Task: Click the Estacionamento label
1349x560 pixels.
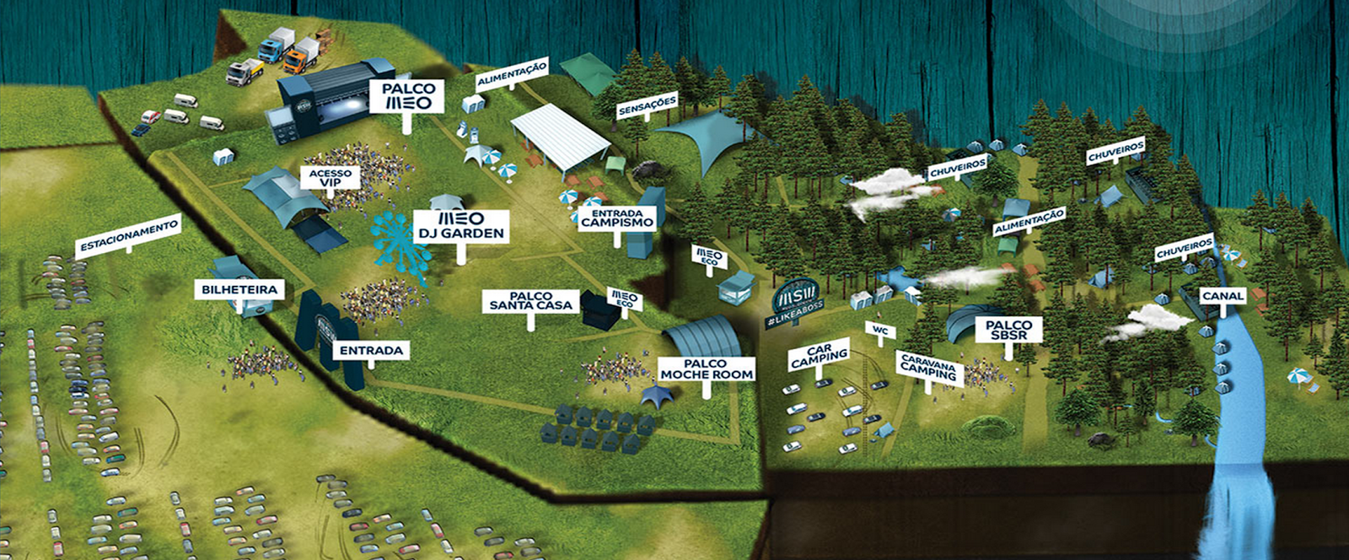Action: tap(128, 235)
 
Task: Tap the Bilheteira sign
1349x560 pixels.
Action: tap(239, 289)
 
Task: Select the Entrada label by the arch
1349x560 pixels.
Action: tap(372, 350)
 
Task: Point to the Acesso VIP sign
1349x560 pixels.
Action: tap(330, 177)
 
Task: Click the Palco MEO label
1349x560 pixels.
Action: tap(408, 96)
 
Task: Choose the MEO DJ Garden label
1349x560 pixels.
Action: tap(460, 226)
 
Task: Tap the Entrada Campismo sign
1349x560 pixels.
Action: tap(616, 218)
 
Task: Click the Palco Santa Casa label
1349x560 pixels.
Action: tap(531, 301)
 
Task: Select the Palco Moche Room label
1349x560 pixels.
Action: tap(707, 369)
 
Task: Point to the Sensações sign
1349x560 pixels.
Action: tap(648, 106)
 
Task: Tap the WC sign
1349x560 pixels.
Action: tap(880, 330)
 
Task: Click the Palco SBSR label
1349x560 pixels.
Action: tap(1008, 330)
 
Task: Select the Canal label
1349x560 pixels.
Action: tap(1223, 296)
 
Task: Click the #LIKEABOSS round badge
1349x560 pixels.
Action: tap(797, 300)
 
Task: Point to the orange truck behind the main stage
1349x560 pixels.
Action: tap(302, 55)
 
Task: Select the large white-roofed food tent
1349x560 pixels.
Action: tap(560, 135)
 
